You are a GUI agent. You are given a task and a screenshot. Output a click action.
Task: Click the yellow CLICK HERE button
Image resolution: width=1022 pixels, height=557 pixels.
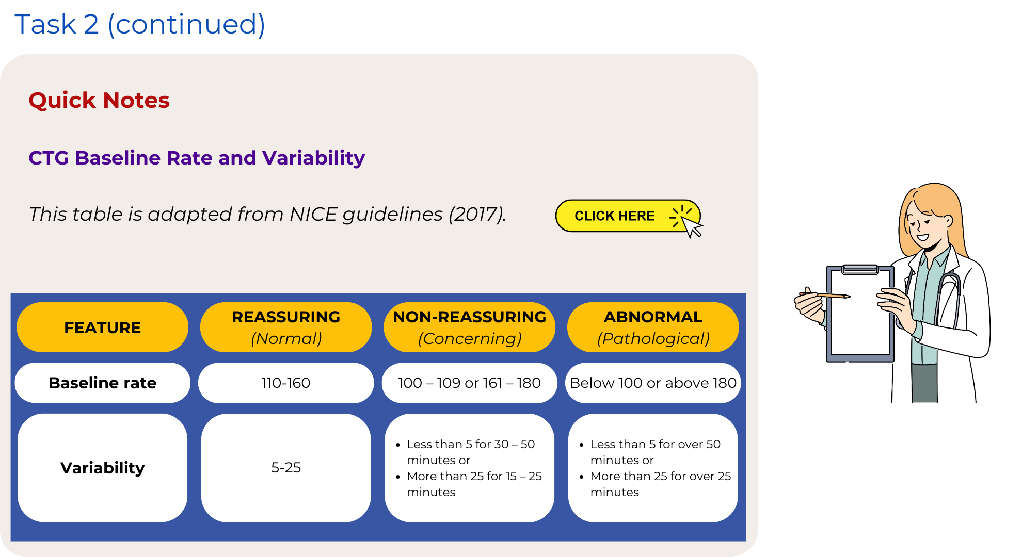pyautogui.click(x=628, y=216)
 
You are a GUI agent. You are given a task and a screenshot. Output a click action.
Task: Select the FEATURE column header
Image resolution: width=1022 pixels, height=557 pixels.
pyautogui.click(x=102, y=327)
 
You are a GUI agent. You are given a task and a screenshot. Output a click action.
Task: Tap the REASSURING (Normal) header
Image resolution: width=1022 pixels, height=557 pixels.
pyautogui.click(x=286, y=327)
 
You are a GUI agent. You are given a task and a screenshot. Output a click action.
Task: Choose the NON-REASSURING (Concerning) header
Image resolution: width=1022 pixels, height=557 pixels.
pyautogui.click(x=470, y=327)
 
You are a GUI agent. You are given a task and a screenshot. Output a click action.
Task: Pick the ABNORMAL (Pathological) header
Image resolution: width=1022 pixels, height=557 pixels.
pyautogui.click(x=653, y=327)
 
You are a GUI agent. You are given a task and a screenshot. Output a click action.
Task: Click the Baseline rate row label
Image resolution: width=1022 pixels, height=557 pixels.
pyautogui.click(x=102, y=383)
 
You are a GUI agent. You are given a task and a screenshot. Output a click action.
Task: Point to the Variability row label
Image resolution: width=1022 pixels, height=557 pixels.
pyautogui.click(x=102, y=468)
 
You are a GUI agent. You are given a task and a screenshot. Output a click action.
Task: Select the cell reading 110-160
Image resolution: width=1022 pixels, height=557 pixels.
pyautogui.click(x=286, y=383)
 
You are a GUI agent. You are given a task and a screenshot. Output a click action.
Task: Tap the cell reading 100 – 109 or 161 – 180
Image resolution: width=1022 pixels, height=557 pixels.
pyautogui.click(x=470, y=383)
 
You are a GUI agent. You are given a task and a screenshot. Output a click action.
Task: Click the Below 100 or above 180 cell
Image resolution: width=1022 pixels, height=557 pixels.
pyautogui.click(x=653, y=383)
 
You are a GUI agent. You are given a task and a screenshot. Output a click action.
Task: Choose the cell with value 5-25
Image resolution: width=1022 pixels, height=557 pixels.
pyautogui.click(x=286, y=468)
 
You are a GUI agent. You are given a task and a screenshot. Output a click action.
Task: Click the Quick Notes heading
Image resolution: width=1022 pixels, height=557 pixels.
pyautogui.click(x=99, y=100)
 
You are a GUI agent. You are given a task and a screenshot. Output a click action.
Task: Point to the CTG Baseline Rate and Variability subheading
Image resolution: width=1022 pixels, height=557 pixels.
pyautogui.click(x=197, y=158)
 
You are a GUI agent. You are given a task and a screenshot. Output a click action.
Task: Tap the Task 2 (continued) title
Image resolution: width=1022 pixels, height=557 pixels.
pyautogui.click(x=140, y=24)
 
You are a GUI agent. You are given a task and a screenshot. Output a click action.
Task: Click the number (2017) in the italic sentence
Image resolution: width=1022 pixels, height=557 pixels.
pyautogui.click(x=477, y=214)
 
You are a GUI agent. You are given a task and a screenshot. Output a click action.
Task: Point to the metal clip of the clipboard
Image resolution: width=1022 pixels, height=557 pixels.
pyautogui.click(x=860, y=269)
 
